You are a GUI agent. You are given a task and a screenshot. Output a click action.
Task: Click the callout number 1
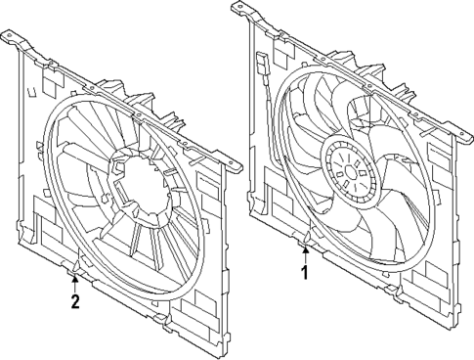coord(305,273)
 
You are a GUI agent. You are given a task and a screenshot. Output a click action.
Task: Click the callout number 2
coord(74,300)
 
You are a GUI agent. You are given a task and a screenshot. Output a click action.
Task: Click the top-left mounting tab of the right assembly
coord(241,11)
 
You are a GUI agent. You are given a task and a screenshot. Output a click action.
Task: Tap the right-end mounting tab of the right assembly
coord(461,128)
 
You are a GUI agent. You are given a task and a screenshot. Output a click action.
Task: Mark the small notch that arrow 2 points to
coord(75,266)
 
